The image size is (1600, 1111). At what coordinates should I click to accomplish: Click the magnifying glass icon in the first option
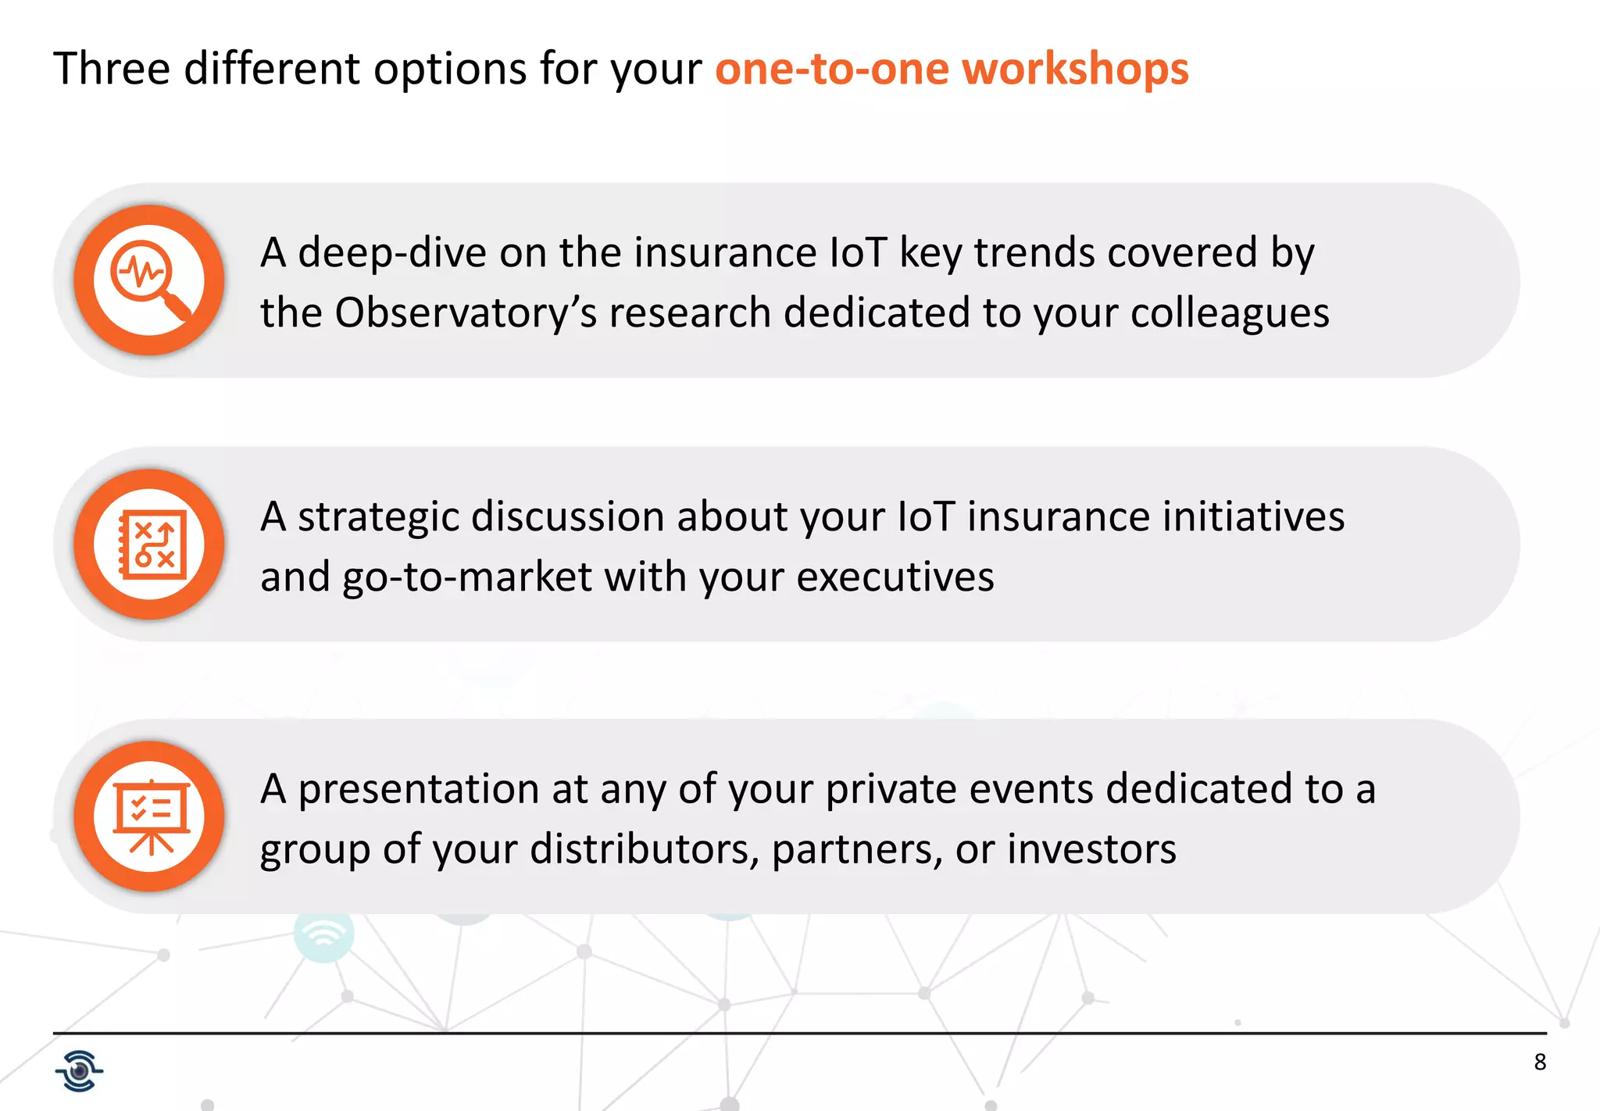click(x=149, y=280)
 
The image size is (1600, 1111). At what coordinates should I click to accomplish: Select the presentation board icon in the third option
click(x=150, y=816)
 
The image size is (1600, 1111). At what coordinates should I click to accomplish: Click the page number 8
click(x=1540, y=1063)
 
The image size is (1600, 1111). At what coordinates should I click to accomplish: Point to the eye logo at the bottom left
click(x=79, y=1070)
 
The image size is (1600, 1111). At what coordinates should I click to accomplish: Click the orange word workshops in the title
click(x=1075, y=69)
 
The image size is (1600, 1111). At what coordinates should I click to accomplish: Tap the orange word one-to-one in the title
click(x=831, y=69)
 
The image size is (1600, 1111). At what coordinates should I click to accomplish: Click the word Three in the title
click(x=112, y=69)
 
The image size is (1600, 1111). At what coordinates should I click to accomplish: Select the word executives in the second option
click(x=895, y=577)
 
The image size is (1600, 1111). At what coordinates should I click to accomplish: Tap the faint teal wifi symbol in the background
click(x=323, y=934)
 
